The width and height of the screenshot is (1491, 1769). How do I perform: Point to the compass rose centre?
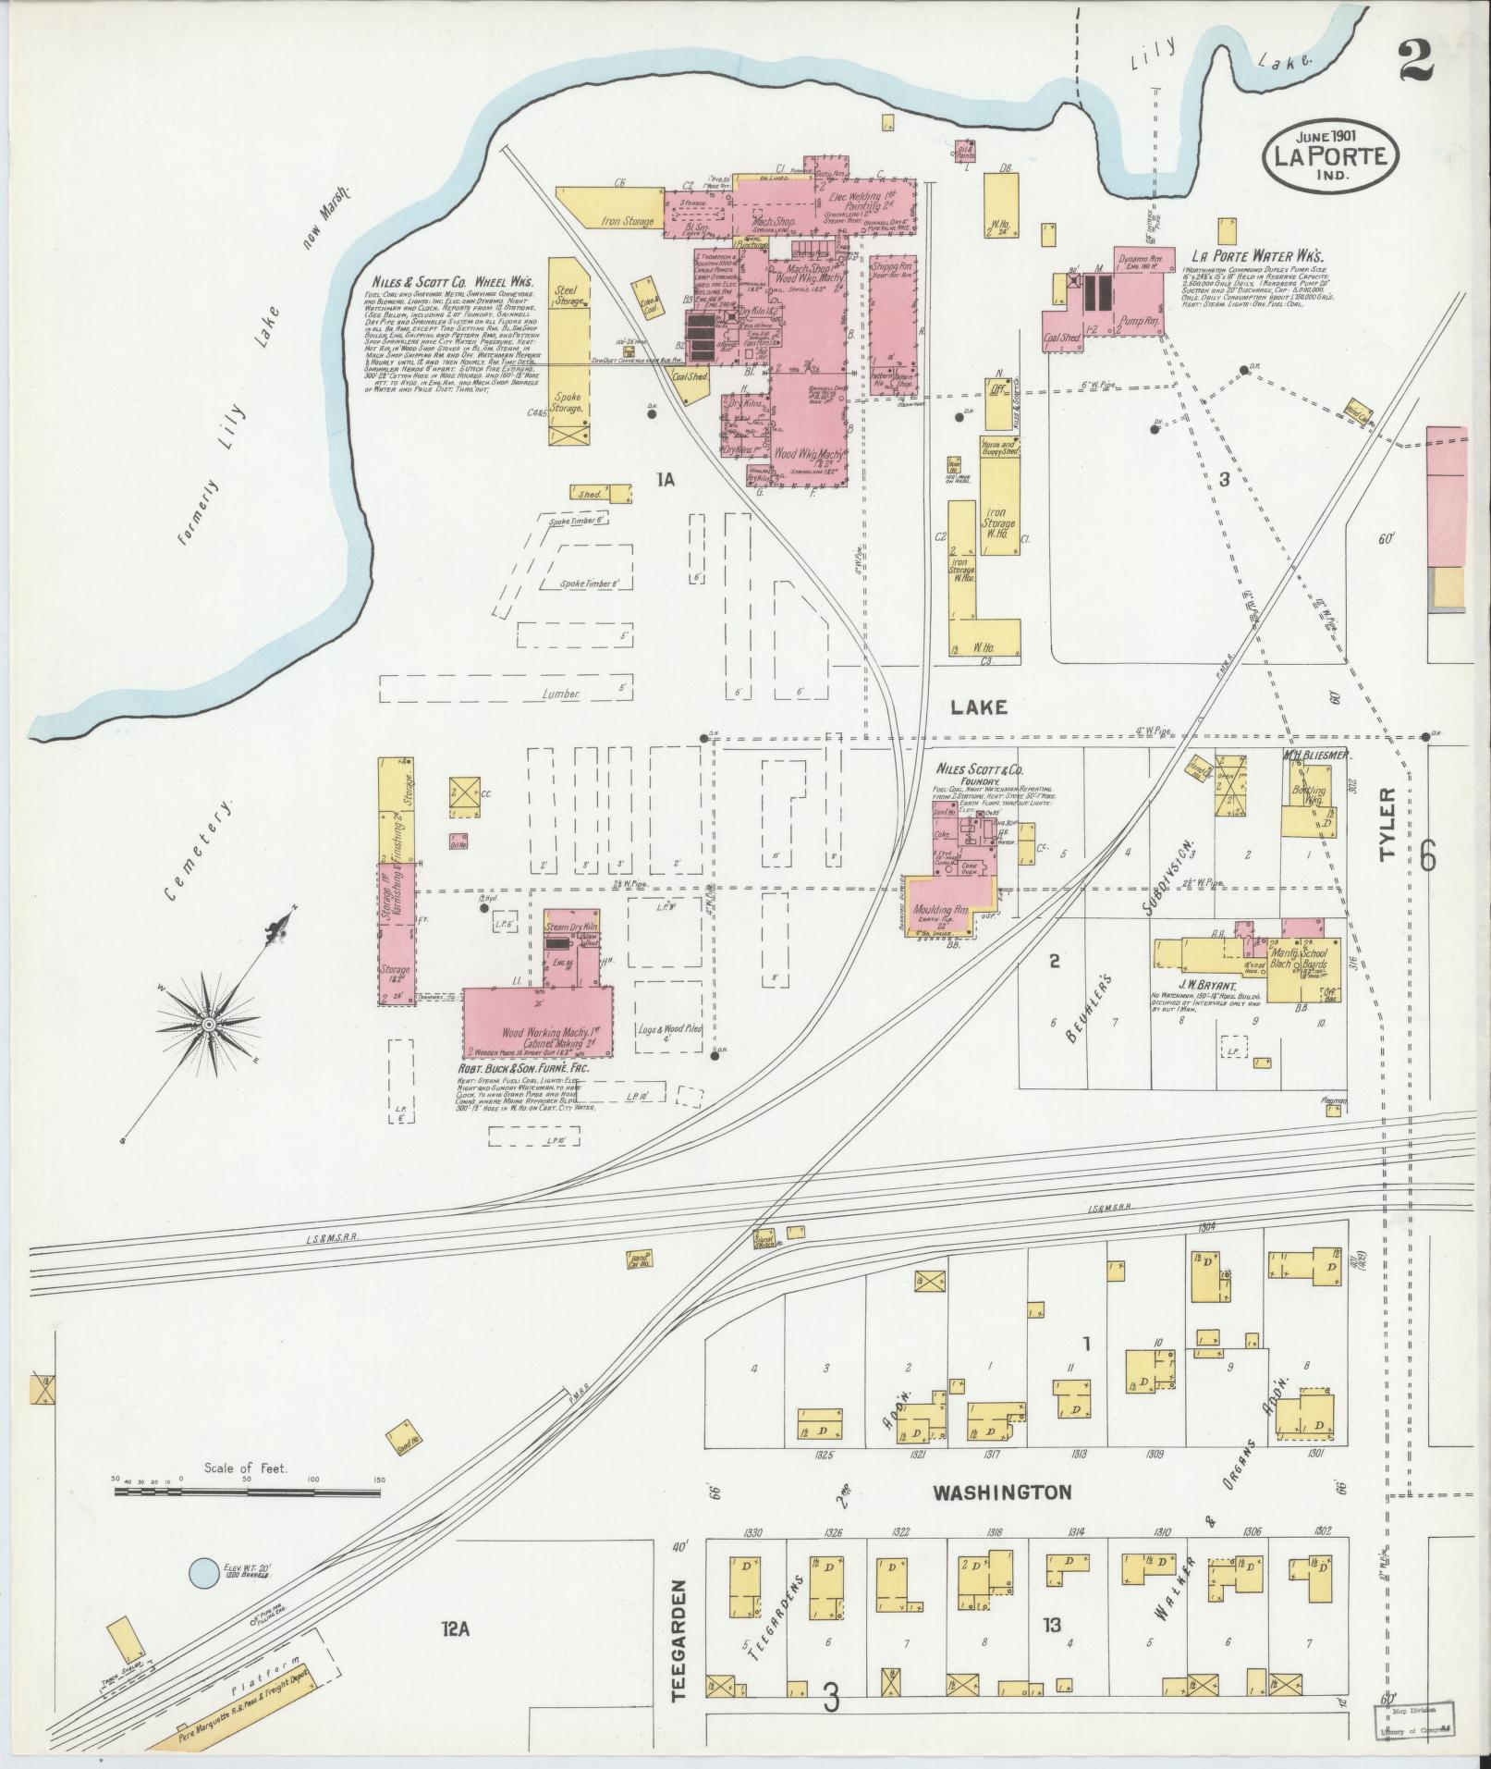point(210,1025)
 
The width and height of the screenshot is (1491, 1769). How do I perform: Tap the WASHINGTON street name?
point(1001,1493)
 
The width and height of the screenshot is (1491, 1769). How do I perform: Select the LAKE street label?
point(977,707)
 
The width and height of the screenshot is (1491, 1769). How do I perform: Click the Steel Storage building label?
point(568,295)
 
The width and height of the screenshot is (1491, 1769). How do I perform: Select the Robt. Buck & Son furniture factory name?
point(523,1067)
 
